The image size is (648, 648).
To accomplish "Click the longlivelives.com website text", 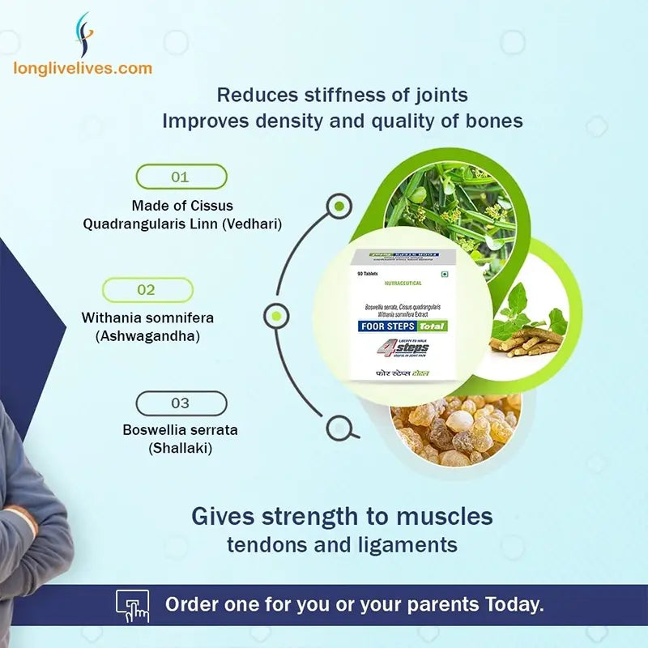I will [83, 69].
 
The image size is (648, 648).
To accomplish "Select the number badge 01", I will [181, 177].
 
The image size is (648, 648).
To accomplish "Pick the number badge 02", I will [147, 290].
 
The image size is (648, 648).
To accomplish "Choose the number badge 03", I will [181, 403].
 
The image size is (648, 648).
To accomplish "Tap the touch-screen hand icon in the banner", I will [133, 605].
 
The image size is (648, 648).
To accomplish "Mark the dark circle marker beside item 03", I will [337, 427].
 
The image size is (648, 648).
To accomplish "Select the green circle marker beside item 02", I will [276, 315].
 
